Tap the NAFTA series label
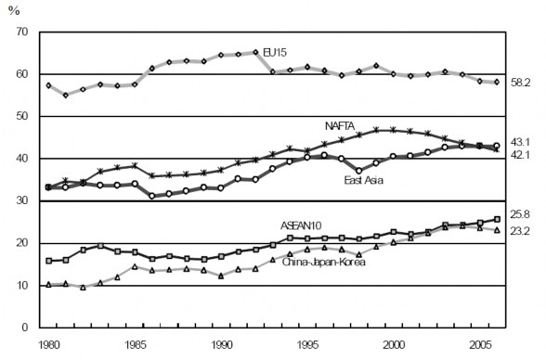[x=342, y=125]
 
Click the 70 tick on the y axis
[x=20, y=32]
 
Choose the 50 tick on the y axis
[x=20, y=117]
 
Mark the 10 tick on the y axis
[x=20, y=286]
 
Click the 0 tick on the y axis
[x=24, y=328]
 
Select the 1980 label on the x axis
[x=48, y=343]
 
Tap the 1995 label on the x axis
[x=308, y=343]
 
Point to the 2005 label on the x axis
[x=481, y=343]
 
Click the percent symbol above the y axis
[x=13, y=11]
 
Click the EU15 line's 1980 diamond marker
[x=48, y=85]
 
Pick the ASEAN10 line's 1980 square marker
[x=48, y=261]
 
